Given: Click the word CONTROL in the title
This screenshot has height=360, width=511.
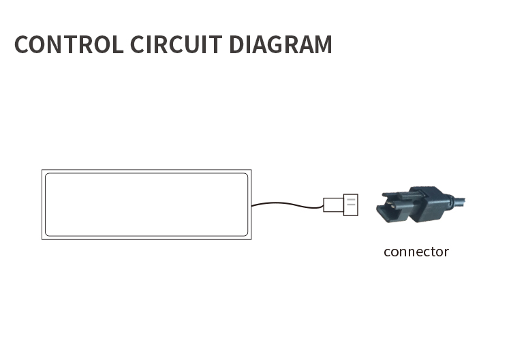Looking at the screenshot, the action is (x=69, y=44).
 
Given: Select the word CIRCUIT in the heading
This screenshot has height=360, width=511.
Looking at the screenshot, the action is (x=176, y=44).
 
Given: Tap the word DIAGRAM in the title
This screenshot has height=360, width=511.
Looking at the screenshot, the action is (x=281, y=44).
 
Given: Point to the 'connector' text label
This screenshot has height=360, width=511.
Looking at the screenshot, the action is (x=416, y=252).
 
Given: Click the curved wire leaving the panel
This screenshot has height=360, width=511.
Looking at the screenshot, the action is (x=287, y=204).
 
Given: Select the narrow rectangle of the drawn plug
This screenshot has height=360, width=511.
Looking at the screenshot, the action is (x=333, y=205).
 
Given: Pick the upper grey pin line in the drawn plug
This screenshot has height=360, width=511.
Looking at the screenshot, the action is (x=351, y=199).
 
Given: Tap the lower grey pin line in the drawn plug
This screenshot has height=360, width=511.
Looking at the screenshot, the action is (x=351, y=205).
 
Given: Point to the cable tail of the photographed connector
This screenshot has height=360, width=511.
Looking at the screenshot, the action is (x=459, y=201).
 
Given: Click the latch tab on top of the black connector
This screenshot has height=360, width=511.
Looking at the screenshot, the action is (x=403, y=195).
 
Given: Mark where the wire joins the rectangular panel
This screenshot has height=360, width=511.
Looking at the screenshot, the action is (x=251, y=205).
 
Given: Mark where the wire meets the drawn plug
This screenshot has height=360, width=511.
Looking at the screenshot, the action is (x=323, y=207).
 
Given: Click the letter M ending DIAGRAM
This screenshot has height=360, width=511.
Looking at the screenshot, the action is (x=323, y=44).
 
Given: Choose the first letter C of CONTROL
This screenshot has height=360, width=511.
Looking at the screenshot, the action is (x=22, y=44).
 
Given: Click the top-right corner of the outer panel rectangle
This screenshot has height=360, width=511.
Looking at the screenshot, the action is (x=251, y=170).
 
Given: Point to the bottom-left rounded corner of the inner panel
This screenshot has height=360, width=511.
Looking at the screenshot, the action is (x=47, y=234).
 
